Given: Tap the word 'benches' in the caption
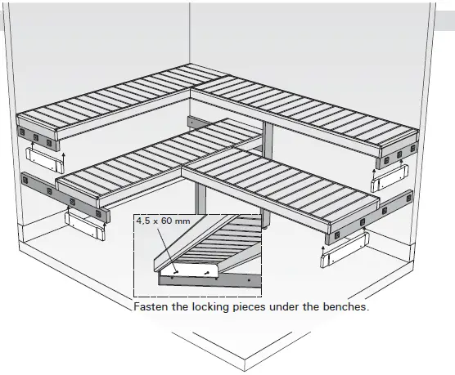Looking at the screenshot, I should [x=344, y=309].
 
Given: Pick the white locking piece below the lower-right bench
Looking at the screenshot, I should [x=342, y=249].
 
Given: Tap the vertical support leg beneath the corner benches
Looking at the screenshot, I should [x=199, y=196].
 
